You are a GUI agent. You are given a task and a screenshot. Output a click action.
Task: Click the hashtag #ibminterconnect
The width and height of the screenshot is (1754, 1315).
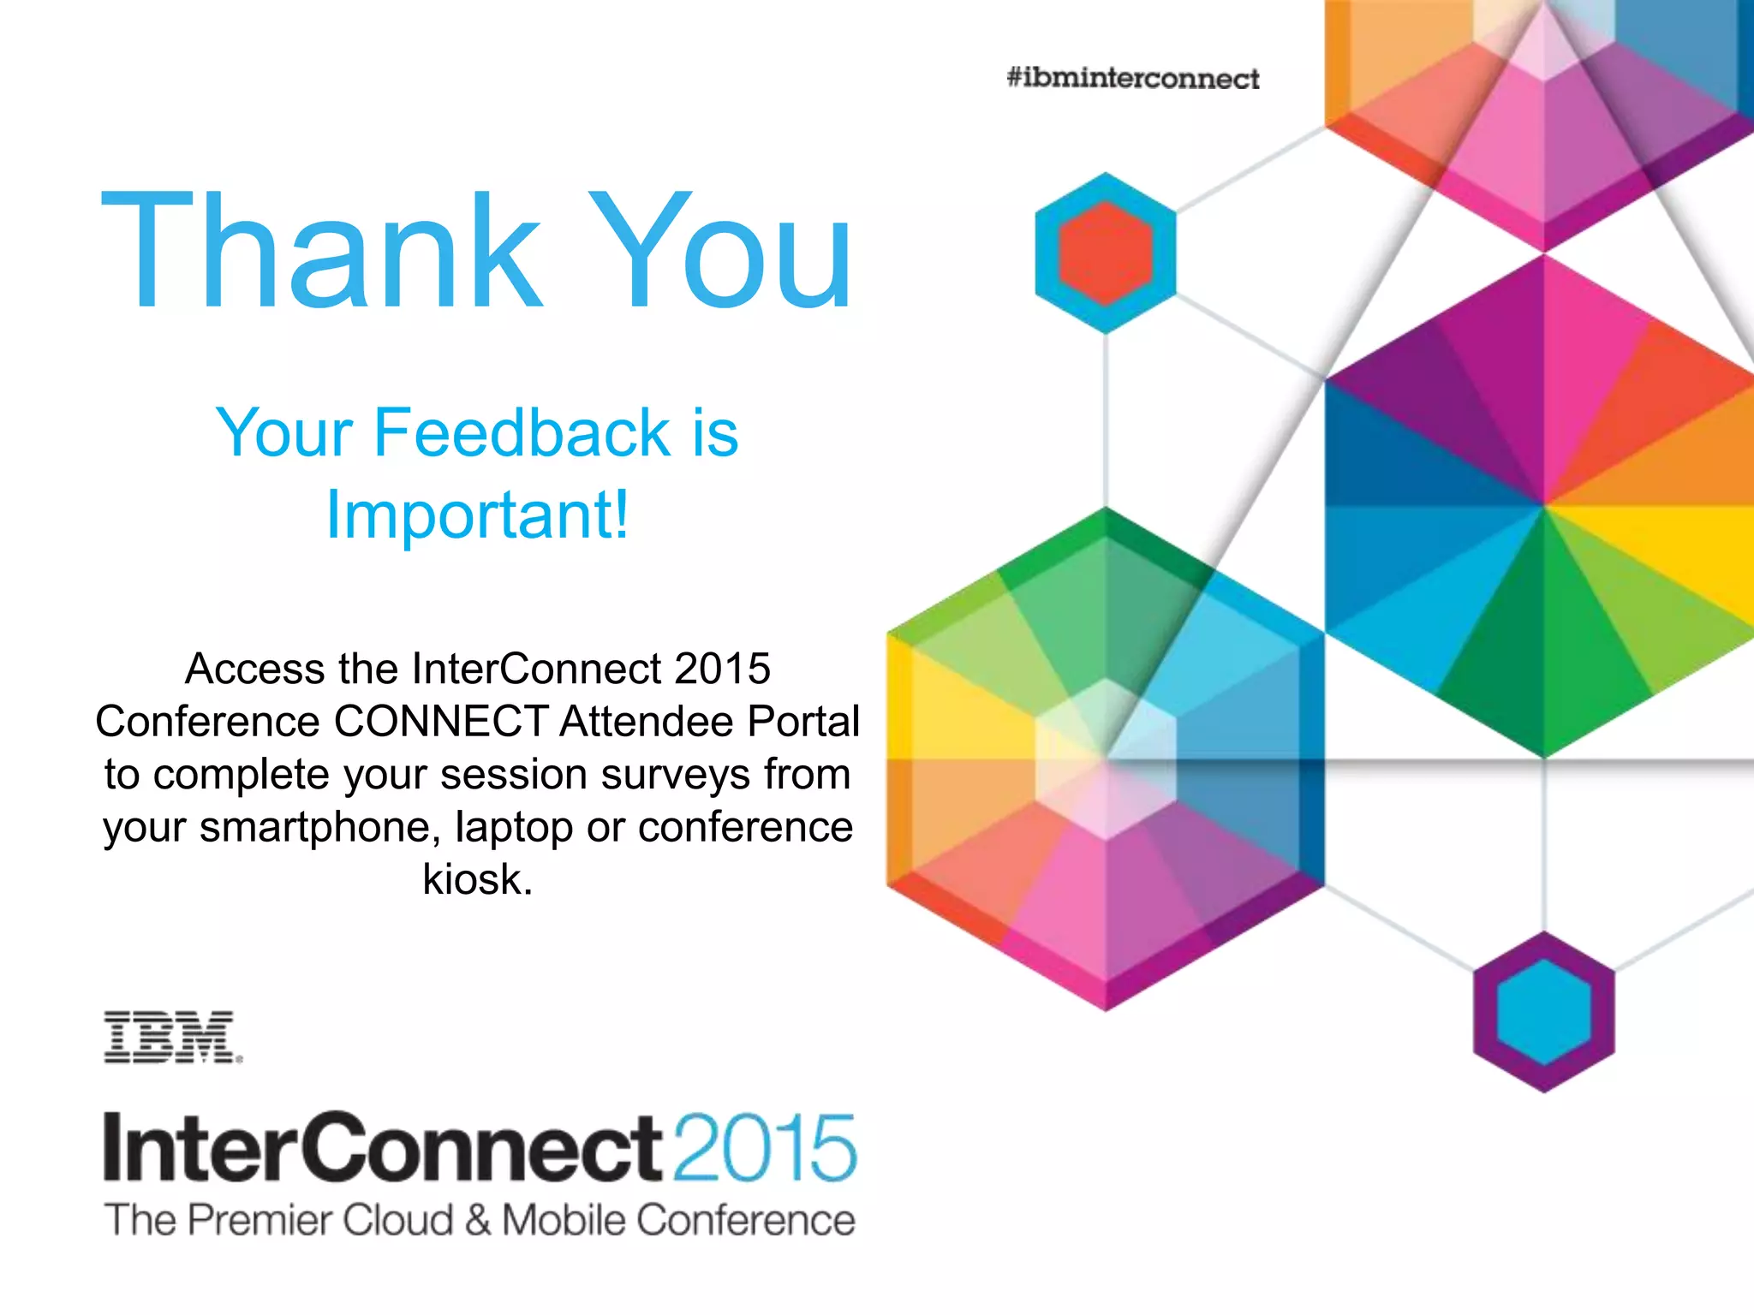tap(1132, 79)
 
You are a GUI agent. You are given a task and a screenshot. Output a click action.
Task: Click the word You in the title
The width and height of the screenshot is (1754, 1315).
tap(725, 250)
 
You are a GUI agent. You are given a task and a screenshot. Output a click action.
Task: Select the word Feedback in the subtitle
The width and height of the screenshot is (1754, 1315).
tap(522, 433)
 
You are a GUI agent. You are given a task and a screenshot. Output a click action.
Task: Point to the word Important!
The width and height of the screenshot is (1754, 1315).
tap(478, 515)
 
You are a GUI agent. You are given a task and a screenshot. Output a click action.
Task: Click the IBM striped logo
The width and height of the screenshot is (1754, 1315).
tap(172, 1037)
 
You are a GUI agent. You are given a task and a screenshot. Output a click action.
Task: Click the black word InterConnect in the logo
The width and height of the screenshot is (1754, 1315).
tap(382, 1148)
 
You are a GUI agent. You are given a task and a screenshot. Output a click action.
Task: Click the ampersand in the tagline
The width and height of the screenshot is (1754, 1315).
tap(478, 1220)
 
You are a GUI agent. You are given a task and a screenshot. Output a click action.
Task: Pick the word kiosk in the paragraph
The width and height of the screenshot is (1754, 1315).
tap(476, 879)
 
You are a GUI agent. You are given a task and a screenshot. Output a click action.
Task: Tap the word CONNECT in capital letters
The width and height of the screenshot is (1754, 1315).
tap(441, 722)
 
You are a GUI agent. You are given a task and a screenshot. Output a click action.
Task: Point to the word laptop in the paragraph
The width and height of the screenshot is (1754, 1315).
tap(513, 827)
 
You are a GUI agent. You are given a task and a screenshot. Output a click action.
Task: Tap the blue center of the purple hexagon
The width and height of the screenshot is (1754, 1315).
tap(1543, 1012)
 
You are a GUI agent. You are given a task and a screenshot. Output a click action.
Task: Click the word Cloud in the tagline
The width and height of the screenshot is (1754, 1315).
tap(397, 1220)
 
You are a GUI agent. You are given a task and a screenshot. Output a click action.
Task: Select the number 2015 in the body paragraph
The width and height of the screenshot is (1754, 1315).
tap(722, 669)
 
